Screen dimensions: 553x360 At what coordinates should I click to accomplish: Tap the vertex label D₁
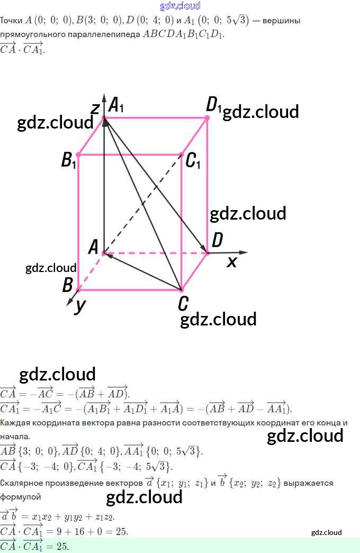pyautogui.click(x=214, y=105)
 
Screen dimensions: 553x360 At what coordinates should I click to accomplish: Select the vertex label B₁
pyautogui.click(x=69, y=160)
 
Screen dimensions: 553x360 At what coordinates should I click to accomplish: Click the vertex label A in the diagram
pyautogui.click(x=94, y=247)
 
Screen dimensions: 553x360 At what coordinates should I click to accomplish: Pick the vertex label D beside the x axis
pyautogui.click(x=217, y=241)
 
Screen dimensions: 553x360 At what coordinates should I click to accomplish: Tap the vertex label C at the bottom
pyautogui.click(x=183, y=304)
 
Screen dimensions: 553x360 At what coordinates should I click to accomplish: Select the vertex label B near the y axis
pyautogui.click(x=67, y=285)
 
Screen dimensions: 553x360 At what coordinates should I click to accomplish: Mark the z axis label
pyautogui.click(x=95, y=108)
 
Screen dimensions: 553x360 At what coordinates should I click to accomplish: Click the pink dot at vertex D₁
pyautogui.click(x=207, y=117)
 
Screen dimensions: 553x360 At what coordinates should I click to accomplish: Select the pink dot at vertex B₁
pyautogui.click(x=78, y=155)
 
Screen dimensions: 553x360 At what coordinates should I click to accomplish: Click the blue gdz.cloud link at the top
pyautogui.click(x=180, y=6)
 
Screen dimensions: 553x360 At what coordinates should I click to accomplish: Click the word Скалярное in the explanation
pyautogui.click(x=20, y=483)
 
